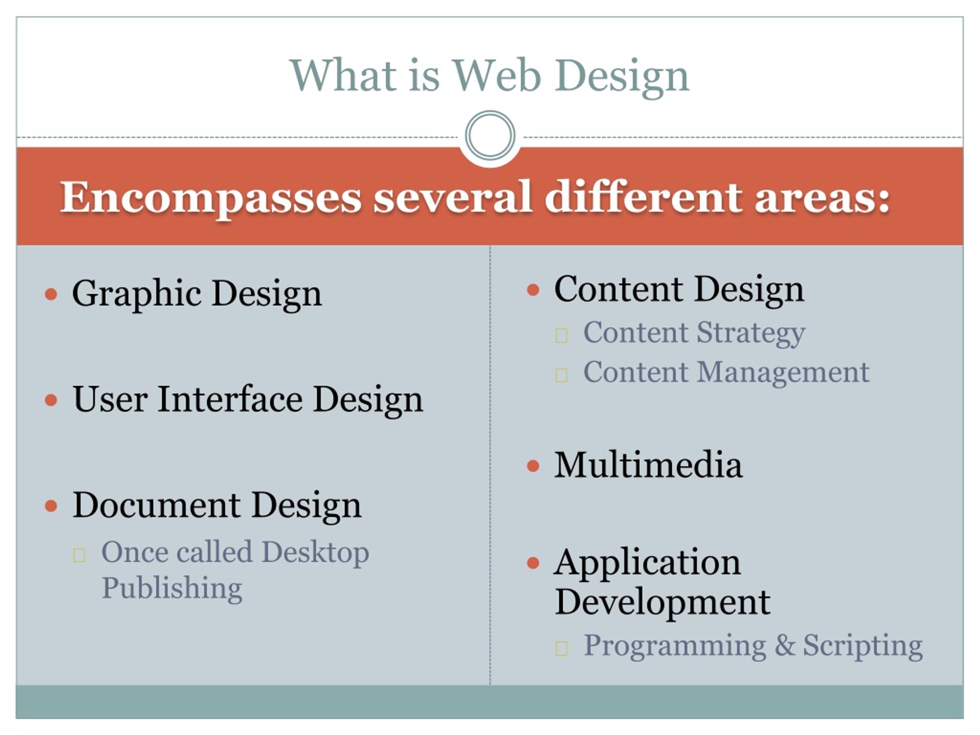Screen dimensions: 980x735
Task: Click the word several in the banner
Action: (x=452, y=198)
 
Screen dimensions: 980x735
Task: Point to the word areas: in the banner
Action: (x=822, y=198)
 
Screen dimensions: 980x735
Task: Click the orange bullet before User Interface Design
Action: (x=51, y=400)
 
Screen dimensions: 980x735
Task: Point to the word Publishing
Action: (x=172, y=589)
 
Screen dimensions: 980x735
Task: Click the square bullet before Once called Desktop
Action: (x=79, y=555)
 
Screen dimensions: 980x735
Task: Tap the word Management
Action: (x=783, y=372)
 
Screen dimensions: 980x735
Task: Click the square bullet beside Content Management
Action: (x=561, y=375)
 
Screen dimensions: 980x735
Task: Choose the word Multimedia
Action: (x=648, y=465)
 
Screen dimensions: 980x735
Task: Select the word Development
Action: (x=662, y=603)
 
